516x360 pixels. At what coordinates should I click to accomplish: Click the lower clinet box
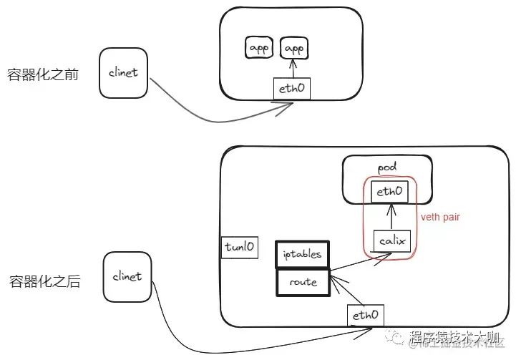[128, 276]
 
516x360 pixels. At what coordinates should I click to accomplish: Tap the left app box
[258, 48]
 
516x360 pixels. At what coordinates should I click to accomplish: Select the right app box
[293, 48]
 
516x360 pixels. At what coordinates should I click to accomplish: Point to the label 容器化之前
[42, 75]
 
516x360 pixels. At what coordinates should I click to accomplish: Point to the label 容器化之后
[44, 281]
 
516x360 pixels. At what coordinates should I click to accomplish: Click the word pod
[386, 167]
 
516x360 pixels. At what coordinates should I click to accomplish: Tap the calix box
[391, 241]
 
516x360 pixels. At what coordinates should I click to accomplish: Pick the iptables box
[302, 253]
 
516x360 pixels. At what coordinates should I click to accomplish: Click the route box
[302, 281]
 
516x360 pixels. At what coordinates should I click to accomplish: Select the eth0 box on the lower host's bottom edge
[365, 314]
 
